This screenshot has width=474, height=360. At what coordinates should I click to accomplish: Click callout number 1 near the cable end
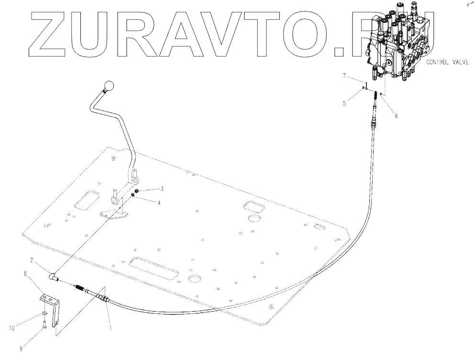[110, 329]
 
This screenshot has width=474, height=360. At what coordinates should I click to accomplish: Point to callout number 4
[159, 202]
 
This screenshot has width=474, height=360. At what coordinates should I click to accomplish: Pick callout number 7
[344, 76]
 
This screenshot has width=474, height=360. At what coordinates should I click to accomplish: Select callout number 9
[21, 349]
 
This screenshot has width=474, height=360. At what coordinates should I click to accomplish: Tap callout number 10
[12, 328]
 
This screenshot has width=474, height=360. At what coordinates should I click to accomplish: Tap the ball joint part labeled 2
[53, 276]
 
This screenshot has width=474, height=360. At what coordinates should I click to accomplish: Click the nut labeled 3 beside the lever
[136, 191]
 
